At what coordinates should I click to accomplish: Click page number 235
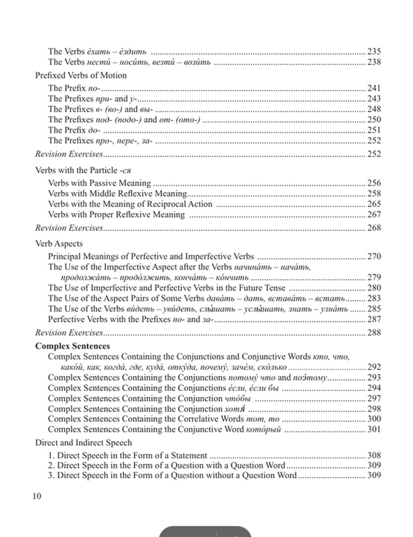(374, 52)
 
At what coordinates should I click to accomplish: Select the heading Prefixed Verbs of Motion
(81, 75)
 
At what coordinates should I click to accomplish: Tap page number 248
(374, 109)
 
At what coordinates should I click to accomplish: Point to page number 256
(374, 183)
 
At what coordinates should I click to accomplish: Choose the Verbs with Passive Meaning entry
(100, 183)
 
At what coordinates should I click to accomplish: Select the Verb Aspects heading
(59, 244)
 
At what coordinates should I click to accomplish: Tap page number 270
(374, 257)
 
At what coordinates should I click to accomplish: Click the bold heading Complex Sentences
(73, 346)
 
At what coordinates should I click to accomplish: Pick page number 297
(374, 398)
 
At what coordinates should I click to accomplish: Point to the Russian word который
(263, 430)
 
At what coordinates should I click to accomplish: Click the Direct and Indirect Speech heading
(83, 443)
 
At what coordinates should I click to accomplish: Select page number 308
(374, 456)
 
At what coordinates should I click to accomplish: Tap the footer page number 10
(37, 496)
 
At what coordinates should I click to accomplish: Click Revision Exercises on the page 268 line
(69, 228)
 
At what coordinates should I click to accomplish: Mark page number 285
(374, 309)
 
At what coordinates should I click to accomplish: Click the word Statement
(188, 456)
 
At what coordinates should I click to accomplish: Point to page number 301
(374, 430)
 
